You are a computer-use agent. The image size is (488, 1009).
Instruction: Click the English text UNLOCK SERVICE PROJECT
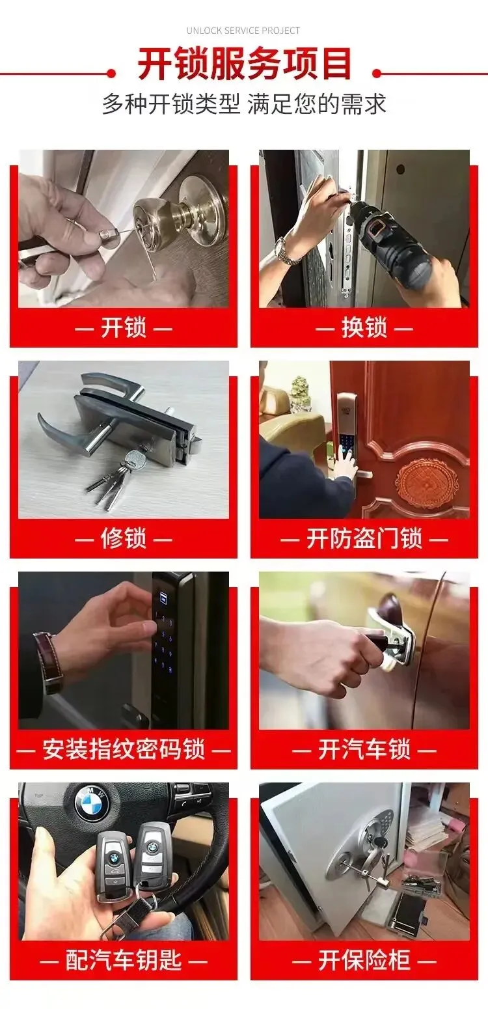pyautogui.click(x=243, y=31)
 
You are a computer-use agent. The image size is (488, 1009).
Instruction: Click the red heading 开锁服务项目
pyautogui.click(x=244, y=64)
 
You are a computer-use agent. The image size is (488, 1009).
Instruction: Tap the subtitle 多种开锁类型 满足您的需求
pyautogui.click(x=244, y=105)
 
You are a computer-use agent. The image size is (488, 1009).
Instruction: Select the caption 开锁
pyautogui.click(x=124, y=327)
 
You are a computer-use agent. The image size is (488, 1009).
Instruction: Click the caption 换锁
pyautogui.click(x=364, y=327)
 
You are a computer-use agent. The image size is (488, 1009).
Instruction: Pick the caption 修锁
pyautogui.click(x=124, y=538)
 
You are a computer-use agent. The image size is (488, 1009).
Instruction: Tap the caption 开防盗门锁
pyautogui.click(x=364, y=538)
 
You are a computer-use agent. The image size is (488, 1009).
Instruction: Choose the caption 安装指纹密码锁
pyautogui.click(x=124, y=749)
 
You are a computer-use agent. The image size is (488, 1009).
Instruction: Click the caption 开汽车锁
pyautogui.click(x=364, y=749)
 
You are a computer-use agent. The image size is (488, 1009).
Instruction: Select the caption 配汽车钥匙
pyautogui.click(x=124, y=960)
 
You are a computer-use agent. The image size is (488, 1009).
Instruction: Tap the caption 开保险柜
pyautogui.click(x=364, y=960)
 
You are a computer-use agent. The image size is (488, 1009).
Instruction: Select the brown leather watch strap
pyautogui.click(x=49, y=662)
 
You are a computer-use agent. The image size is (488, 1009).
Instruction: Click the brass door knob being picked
pyautogui.click(x=180, y=211)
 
